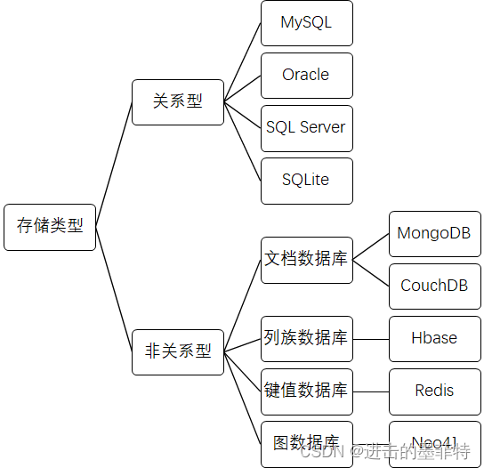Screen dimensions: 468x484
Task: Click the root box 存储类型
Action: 50,227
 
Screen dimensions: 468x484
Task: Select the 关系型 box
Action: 178,102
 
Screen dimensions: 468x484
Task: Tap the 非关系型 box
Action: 178,351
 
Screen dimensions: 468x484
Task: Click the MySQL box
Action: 306,23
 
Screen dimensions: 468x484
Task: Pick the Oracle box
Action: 306,76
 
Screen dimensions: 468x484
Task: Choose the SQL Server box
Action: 306,127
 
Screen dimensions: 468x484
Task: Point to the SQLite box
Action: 306,181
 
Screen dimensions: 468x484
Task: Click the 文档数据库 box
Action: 306,260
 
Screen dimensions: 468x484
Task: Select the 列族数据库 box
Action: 306,339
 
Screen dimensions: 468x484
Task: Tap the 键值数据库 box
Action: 306,391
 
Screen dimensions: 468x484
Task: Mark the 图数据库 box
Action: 306,443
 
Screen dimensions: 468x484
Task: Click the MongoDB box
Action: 434,234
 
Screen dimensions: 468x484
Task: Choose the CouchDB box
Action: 434,286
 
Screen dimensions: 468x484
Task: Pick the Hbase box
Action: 434,339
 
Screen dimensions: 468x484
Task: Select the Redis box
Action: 434,391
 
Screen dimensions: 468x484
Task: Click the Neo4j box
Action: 434,441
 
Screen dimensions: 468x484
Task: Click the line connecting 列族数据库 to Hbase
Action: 371,339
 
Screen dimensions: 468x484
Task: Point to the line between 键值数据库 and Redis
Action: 371,391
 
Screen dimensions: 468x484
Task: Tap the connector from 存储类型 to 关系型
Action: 114,164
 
